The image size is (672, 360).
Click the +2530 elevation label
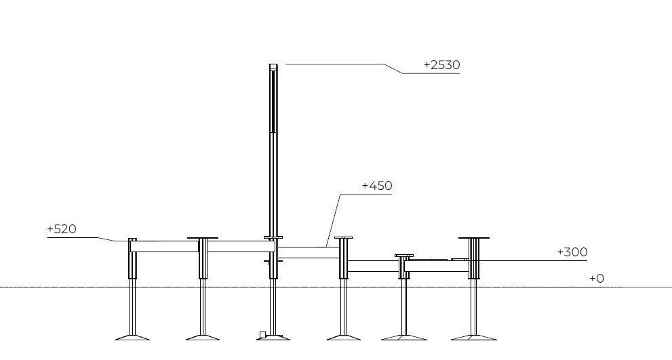point(442,64)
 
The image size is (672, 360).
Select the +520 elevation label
point(62,229)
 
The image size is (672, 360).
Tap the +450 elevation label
point(377,186)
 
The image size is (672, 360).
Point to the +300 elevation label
point(572,252)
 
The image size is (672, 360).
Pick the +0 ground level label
point(597,279)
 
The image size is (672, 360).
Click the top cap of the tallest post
point(273,66)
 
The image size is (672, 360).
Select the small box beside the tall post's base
point(262,334)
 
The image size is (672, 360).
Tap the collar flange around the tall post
point(273,237)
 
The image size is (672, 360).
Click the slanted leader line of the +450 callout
point(334,220)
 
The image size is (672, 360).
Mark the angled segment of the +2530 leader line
point(393,69)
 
